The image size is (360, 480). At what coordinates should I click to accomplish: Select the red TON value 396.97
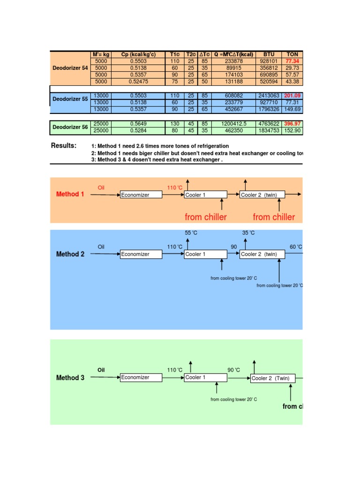tap(292, 124)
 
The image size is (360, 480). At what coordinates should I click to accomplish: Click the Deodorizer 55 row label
tap(70, 99)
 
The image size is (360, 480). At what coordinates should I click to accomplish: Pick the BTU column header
tap(269, 54)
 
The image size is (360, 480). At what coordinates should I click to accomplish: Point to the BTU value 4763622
tap(269, 124)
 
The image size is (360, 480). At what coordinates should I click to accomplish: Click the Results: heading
tap(63, 146)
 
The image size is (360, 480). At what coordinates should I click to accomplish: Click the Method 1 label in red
tap(70, 194)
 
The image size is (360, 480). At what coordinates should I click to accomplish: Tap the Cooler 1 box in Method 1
tap(205, 195)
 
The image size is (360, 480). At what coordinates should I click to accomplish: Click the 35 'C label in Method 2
tap(248, 233)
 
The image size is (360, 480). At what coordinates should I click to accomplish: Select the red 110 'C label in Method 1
tap(175, 188)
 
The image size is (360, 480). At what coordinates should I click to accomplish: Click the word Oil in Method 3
tap(101, 370)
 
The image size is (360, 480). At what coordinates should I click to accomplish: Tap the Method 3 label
tap(70, 378)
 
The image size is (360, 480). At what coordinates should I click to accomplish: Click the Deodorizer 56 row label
tap(70, 127)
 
